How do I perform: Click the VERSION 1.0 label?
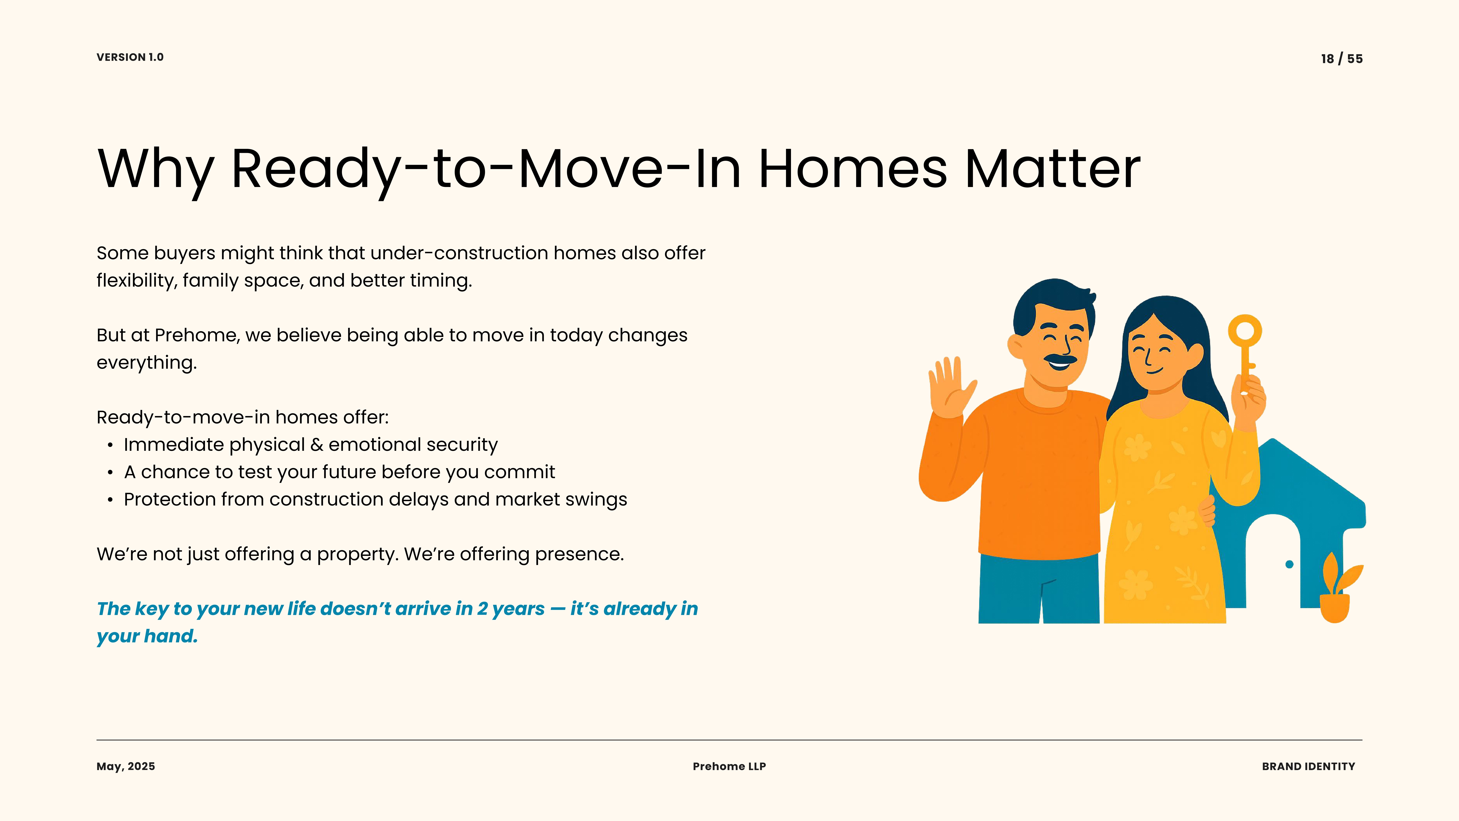[130, 57]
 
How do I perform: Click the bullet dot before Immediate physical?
[110, 445]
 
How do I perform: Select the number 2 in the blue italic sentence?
[482, 608]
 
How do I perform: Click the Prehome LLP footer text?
[729, 767]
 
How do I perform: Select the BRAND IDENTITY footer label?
[1308, 767]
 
